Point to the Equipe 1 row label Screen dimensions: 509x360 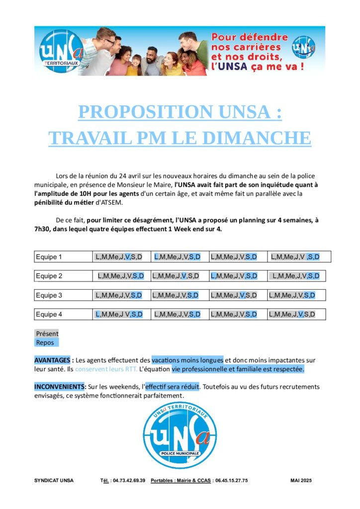[x=49, y=257]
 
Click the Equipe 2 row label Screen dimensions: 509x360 [x=49, y=276]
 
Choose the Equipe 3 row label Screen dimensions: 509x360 [x=49, y=295]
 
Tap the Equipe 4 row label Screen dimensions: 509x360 [x=49, y=314]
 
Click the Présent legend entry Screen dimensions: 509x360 [x=47, y=334]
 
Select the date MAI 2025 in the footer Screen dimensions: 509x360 [x=301, y=481]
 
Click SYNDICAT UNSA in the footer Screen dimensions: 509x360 [x=54, y=481]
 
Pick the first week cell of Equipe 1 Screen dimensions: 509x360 [x=119, y=257]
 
